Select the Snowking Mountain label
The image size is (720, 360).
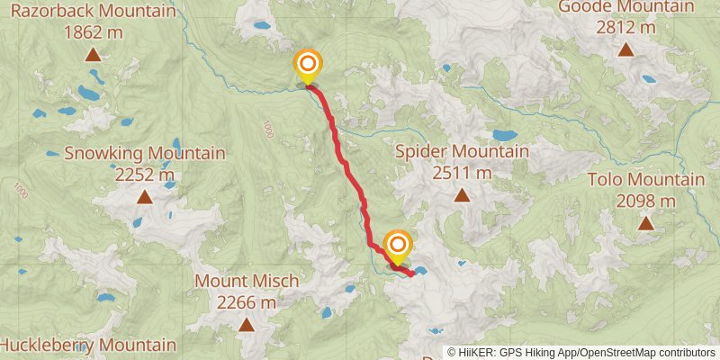click(x=144, y=153)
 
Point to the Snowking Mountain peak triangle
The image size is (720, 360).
click(x=139, y=220)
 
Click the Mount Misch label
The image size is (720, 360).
click(x=247, y=282)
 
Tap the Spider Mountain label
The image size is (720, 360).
click(x=462, y=151)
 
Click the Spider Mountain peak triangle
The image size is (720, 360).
click(x=462, y=194)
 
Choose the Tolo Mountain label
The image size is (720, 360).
click(x=645, y=180)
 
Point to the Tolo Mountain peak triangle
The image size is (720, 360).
click(x=645, y=222)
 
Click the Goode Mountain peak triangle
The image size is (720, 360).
click(x=625, y=49)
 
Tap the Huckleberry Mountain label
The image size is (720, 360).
click(x=88, y=345)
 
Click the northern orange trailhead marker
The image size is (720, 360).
click(x=308, y=64)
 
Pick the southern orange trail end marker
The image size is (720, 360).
click(x=397, y=244)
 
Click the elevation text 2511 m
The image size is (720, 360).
click(x=462, y=171)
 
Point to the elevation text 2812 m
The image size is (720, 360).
click(x=625, y=27)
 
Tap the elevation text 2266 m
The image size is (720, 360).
click(x=247, y=302)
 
